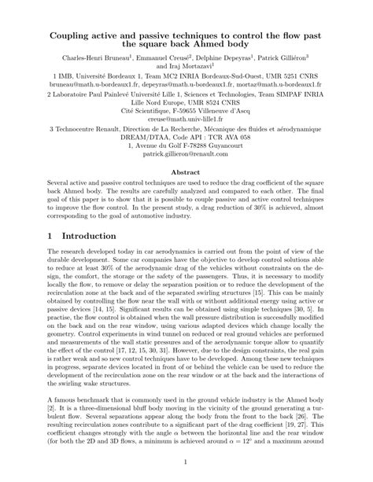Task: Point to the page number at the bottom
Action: coord(186,461)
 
